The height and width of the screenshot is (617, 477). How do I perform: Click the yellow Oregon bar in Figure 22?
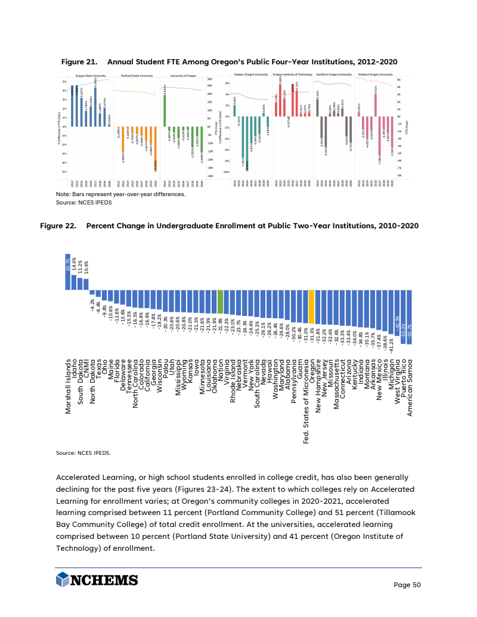coord(311,306)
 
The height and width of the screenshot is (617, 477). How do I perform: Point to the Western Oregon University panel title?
coord(375,75)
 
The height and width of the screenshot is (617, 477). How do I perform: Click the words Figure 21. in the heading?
coord(79,62)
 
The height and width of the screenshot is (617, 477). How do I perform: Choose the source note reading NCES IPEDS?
coord(83,452)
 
